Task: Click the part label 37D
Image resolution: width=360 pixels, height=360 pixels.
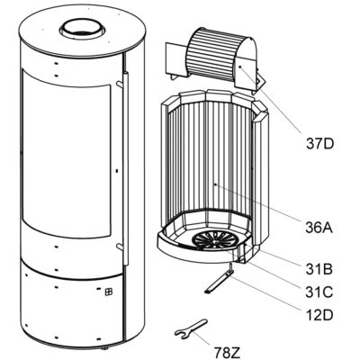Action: (319, 144)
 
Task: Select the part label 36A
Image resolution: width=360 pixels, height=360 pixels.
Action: (319, 228)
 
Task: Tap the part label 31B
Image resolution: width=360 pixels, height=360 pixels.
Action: (319, 270)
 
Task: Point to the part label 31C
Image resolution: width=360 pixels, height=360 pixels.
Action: (319, 292)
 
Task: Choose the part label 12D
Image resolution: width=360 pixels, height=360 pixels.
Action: (319, 315)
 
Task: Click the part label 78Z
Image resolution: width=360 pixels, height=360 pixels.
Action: (227, 352)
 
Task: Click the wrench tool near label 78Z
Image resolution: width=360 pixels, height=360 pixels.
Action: (191, 328)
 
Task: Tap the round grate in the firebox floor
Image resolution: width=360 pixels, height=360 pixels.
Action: (214, 239)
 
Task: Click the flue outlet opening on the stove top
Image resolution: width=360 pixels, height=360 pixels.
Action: (83, 29)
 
